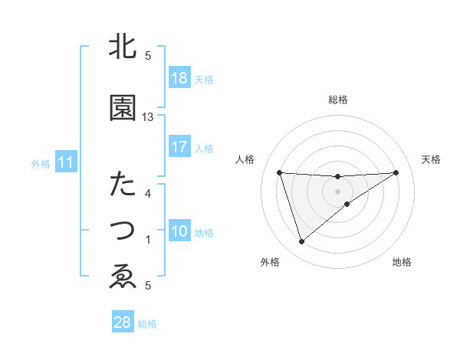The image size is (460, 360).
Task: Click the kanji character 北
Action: [x=123, y=47]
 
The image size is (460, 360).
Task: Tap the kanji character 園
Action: [x=123, y=108]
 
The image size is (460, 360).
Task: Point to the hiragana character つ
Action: [x=123, y=229]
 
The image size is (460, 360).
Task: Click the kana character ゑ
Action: [x=123, y=276]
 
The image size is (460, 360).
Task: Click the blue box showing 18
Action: [x=179, y=78]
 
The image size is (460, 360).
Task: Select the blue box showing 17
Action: [x=179, y=147]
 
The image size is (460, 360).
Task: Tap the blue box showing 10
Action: [x=179, y=232]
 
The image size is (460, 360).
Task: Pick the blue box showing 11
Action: [x=65, y=162]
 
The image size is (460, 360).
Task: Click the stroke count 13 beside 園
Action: [x=148, y=117]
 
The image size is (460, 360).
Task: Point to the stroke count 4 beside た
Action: [x=148, y=194]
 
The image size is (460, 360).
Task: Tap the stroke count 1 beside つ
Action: [x=148, y=240]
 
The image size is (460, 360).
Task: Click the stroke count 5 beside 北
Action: [x=148, y=56]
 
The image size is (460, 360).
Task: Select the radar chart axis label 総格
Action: [x=337, y=100]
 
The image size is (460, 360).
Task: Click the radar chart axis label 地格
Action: [x=402, y=263]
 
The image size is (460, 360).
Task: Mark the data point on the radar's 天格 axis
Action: [x=396, y=172]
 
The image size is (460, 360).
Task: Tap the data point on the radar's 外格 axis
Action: [x=301, y=242]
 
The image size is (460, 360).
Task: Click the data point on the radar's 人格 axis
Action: [x=280, y=172]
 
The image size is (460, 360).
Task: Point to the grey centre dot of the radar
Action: [x=337, y=191]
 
